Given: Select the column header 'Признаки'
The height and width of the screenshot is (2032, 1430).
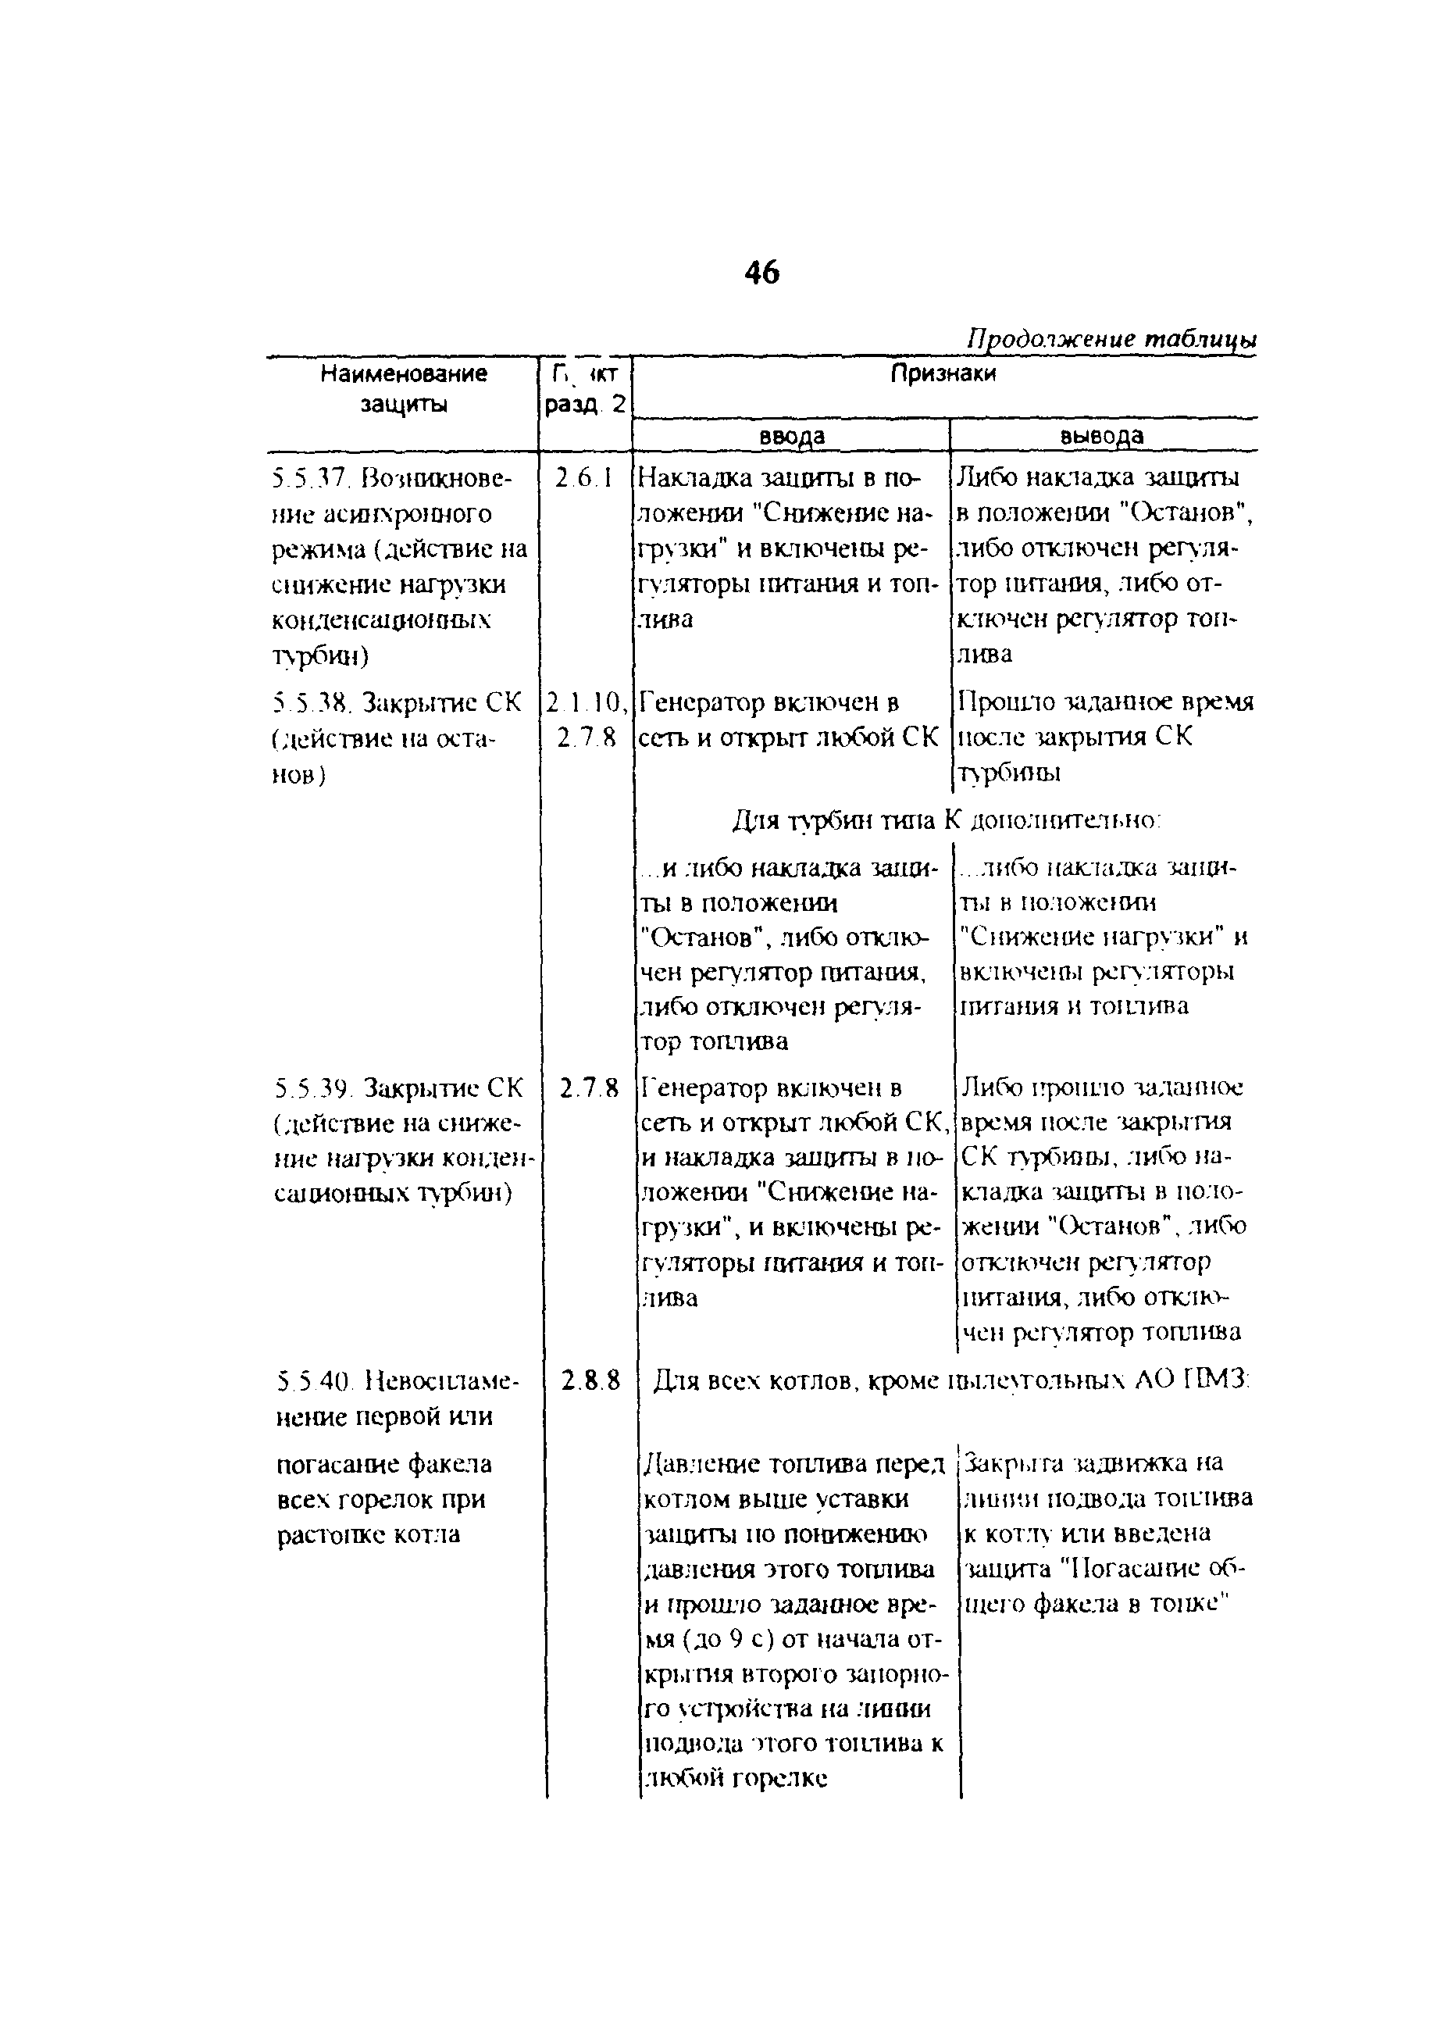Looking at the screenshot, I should click(x=943, y=373).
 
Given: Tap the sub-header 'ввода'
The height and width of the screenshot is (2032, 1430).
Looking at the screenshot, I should click(x=792, y=436).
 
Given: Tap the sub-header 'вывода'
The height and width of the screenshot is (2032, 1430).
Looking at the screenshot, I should click(x=1102, y=436).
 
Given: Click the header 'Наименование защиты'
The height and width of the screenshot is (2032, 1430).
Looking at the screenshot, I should click(x=404, y=388).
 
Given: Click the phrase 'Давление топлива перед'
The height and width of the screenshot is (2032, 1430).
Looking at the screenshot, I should click(x=792, y=1464).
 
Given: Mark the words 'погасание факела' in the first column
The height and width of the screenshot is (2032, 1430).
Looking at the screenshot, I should click(x=384, y=1464).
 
